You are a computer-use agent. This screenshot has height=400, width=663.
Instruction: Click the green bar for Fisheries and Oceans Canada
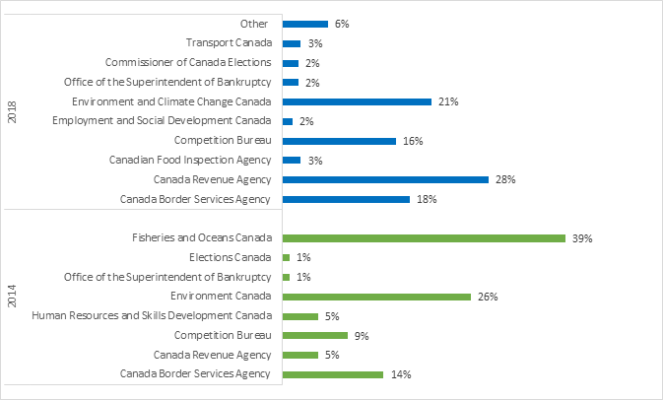click(424, 238)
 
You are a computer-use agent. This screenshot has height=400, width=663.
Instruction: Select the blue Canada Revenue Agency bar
click(385, 179)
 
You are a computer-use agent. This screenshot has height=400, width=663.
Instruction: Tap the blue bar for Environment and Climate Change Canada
click(357, 101)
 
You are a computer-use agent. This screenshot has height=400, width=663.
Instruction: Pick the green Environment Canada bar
click(376, 297)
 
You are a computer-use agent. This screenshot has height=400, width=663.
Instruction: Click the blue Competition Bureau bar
click(339, 141)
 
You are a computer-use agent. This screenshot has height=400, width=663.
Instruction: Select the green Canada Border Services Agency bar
click(332, 374)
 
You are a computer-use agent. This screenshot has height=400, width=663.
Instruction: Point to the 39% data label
click(582, 238)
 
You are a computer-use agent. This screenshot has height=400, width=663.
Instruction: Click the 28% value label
click(505, 179)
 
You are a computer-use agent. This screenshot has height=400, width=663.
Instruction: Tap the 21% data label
click(448, 101)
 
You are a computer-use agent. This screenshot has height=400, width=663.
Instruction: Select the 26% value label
click(487, 297)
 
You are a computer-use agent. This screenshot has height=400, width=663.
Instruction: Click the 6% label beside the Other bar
click(342, 24)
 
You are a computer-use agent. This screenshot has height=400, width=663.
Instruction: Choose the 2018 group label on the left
click(12, 110)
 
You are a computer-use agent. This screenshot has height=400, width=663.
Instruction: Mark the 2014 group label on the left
click(12, 298)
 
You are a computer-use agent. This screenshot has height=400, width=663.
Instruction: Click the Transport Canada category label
click(228, 43)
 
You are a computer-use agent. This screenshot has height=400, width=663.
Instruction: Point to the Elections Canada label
click(229, 258)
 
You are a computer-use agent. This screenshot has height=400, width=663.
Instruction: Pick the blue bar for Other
click(304, 24)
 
